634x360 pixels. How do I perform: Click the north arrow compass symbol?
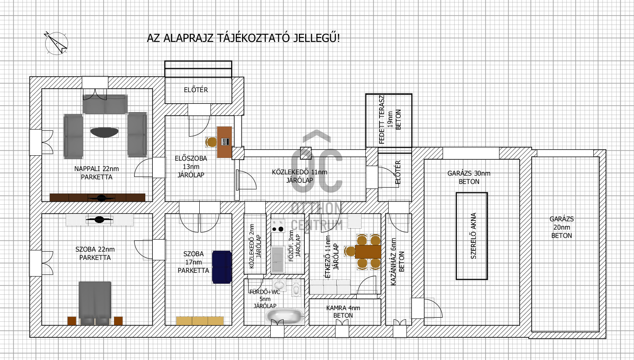tap(56, 43)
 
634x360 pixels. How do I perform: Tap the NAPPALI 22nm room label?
tap(96, 169)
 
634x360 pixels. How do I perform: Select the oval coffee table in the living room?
tap(104, 132)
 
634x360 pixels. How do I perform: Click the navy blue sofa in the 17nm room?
tap(222, 267)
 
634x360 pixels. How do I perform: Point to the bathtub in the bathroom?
tap(285, 316)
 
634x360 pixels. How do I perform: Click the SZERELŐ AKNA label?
tap(473, 236)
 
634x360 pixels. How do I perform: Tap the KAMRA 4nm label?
tap(343, 308)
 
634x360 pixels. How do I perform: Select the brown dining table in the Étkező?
tap(368, 252)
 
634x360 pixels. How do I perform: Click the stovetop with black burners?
tap(278, 226)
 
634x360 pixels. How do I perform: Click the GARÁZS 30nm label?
tap(469, 173)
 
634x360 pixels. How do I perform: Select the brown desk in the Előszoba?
tap(225, 142)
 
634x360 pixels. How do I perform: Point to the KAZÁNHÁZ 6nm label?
tap(394, 262)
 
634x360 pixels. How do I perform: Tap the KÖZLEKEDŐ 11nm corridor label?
tap(299, 172)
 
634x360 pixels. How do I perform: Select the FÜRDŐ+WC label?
tap(264, 292)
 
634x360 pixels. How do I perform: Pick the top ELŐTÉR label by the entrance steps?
tap(196, 90)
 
